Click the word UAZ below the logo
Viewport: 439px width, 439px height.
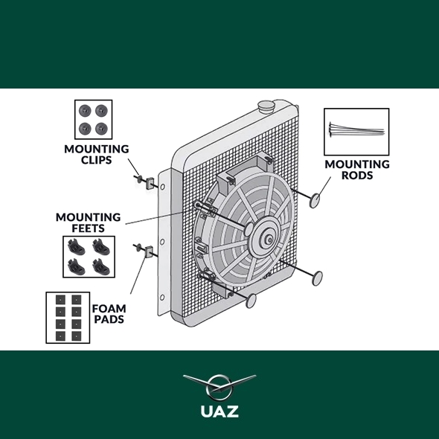pyautogui.click(x=219, y=411)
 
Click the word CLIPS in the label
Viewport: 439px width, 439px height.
pyautogui.click(x=96, y=160)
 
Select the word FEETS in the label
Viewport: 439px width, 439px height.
pyautogui.click(x=89, y=228)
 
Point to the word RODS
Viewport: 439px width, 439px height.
pyautogui.click(x=357, y=175)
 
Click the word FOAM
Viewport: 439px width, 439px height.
pyautogui.click(x=109, y=309)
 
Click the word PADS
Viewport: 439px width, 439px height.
pyautogui.click(x=109, y=319)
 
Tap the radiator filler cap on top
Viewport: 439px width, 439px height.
pyautogui.click(x=266, y=106)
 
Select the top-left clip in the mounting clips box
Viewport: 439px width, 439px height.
pyautogui.click(x=85, y=111)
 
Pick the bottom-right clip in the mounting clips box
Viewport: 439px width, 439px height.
pyautogui.click(x=101, y=129)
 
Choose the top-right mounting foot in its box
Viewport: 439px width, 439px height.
pyautogui.click(x=101, y=246)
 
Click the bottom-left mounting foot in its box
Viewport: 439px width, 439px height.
pyautogui.click(x=76, y=266)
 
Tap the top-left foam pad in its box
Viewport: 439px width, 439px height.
pyautogui.click(x=60, y=300)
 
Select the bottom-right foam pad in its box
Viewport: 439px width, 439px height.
pyautogui.click(x=77, y=336)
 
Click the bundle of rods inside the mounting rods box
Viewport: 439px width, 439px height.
pyautogui.click(x=356, y=129)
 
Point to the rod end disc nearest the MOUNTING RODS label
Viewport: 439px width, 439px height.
pyautogui.click(x=315, y=200)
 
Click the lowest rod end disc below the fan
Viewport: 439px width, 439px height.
pyautogui.click(x=251, y=301)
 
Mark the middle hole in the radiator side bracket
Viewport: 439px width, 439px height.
pyautogui.click(x=162, y=241)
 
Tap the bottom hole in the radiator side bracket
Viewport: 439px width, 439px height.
pyautogui.click(x=161, y=297)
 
